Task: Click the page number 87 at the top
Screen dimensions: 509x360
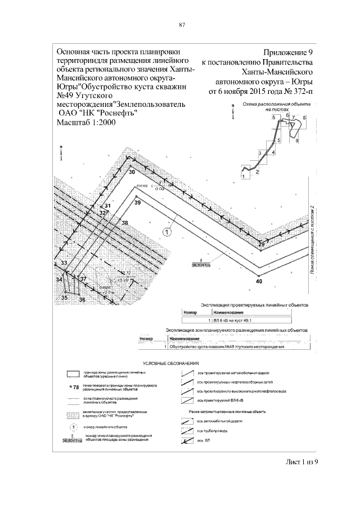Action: [182, 24]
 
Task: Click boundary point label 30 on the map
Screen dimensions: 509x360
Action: [132, 172]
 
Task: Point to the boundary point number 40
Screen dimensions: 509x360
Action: [259, 281]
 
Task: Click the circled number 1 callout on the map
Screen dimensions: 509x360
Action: [166, 231]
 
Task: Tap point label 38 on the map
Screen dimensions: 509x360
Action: [125, 223]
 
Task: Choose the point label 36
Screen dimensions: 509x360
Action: [82, 300]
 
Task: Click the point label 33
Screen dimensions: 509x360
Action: [64, 263]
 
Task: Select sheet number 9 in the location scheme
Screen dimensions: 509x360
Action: [296, 141]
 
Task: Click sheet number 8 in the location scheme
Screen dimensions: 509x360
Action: [304, 116]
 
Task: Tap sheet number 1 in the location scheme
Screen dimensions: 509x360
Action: [243, 176]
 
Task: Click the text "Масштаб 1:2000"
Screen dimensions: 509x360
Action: [86, 123]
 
